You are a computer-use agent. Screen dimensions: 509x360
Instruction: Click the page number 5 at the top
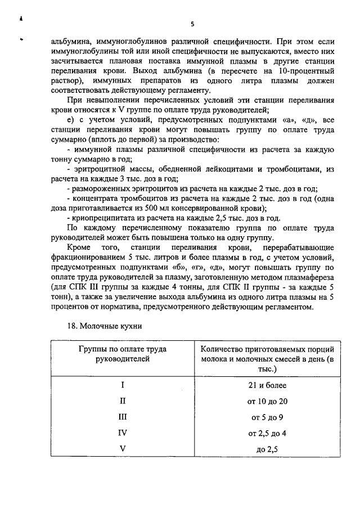point(192,24)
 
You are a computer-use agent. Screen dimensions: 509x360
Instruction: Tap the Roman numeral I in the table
point(123,385)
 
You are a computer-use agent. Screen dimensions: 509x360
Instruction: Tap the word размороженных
point(102,189)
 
